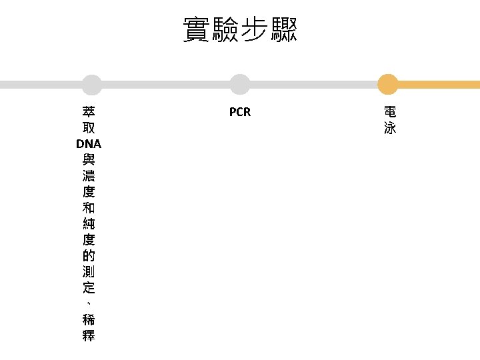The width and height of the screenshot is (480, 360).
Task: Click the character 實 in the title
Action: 197,29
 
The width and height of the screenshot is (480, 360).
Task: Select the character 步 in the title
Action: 254,29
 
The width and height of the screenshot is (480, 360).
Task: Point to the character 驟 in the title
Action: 283,29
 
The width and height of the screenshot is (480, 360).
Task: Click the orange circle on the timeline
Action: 388,85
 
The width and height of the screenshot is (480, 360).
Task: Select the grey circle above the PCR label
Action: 240,85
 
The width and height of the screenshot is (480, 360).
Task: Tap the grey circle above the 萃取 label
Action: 92,85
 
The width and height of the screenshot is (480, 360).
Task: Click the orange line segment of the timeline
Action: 439,85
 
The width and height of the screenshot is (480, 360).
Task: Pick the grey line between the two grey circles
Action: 166,85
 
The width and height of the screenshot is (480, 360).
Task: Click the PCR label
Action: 240,112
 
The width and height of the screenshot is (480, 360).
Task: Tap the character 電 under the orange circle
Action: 390,112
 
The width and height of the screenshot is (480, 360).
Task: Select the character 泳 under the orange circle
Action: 390,127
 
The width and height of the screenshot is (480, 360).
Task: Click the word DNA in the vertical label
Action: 89,144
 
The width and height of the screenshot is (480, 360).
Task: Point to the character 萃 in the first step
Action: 89,112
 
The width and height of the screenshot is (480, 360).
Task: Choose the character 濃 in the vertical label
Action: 89,176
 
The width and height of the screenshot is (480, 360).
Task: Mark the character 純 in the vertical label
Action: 89,223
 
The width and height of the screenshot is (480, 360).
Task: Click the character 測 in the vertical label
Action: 89,271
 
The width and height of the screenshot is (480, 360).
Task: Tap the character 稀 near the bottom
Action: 89,319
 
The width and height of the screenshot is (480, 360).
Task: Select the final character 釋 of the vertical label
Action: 89,335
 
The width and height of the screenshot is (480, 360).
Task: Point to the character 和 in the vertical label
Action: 89,207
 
